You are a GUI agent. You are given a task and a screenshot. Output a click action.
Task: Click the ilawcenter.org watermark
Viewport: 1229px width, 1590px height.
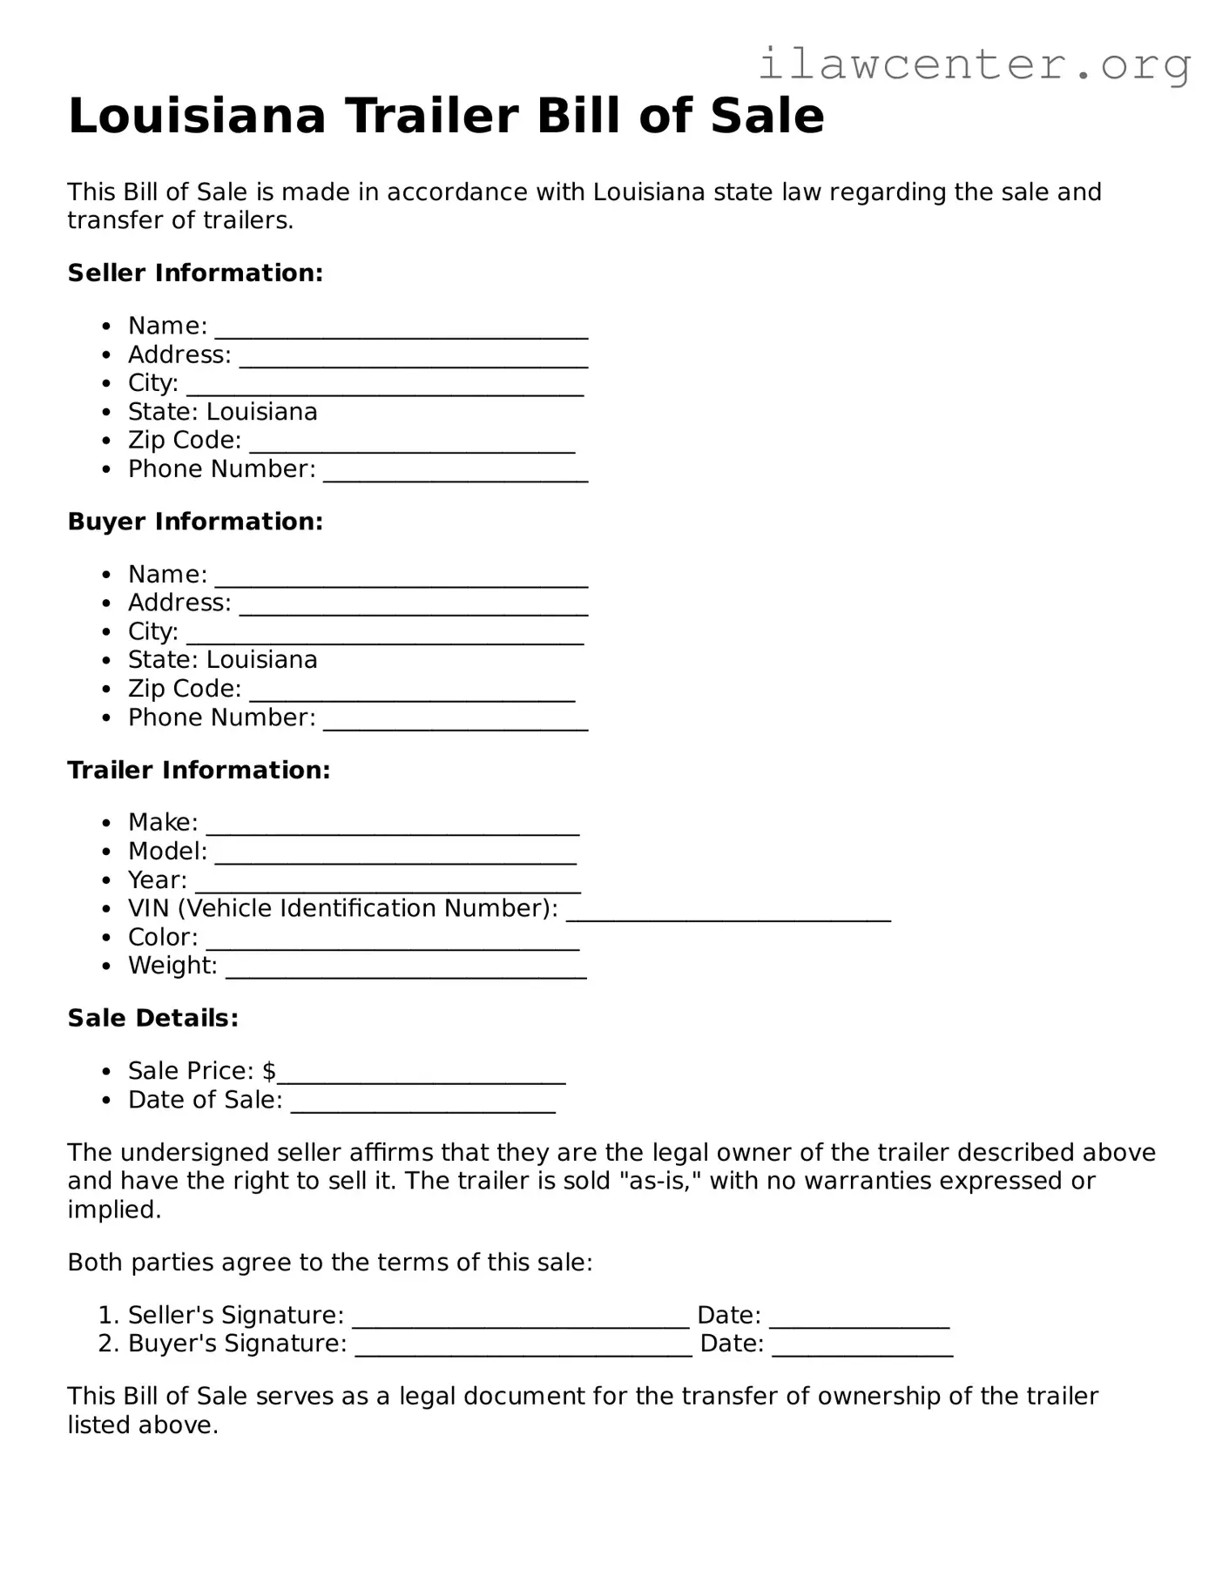[974, 64]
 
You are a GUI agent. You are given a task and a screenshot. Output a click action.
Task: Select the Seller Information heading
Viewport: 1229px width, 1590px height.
[195, 273]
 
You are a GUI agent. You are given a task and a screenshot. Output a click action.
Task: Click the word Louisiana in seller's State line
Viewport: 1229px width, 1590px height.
[261, 412]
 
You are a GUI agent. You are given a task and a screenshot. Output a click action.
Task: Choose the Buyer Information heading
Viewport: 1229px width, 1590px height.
[195, 521]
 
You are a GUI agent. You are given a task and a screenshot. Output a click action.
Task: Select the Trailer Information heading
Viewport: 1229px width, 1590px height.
[199, 770]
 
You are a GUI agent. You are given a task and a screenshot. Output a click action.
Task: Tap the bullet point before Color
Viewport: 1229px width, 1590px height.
[106, 939]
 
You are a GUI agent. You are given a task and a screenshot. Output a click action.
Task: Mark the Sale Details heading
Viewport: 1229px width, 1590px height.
[152, 1018]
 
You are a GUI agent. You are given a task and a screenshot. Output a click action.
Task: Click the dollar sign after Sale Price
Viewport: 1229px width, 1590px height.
[268, 1071]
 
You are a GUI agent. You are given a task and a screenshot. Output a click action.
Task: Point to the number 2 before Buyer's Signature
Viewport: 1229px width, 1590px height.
[106, 1344]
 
